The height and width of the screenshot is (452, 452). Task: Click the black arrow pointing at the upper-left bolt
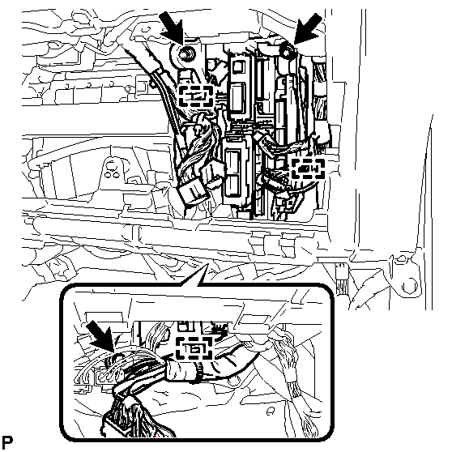173,30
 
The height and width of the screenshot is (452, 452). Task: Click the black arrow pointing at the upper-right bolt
309,29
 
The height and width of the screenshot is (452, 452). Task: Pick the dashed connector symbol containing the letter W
309,168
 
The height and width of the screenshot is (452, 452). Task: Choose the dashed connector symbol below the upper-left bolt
196,96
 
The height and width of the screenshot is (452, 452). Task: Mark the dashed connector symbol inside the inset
194,348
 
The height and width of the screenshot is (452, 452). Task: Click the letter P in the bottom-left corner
7,442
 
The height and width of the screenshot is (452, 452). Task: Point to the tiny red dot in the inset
155,436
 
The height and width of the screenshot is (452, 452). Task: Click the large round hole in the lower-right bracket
410,285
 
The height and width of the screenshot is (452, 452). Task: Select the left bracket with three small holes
113,170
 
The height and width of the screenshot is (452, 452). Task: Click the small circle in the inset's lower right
270,411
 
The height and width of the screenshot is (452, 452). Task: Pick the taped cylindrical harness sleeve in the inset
183,369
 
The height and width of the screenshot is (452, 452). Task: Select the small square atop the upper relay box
238,67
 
